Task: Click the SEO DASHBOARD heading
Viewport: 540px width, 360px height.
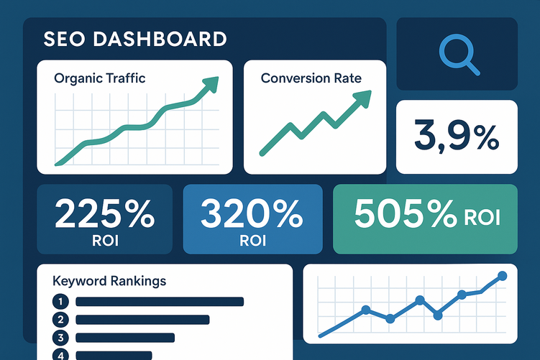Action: (x=134, y=39)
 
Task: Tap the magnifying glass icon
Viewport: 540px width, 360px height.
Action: (x=457, y=55)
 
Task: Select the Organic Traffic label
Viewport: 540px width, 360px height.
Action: (x=99, y=78)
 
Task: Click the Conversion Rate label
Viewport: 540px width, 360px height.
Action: (x=311, y=78)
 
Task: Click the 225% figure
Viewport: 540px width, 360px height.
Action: (x=104, y=213)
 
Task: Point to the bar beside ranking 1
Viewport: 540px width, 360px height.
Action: (x=160, y=302)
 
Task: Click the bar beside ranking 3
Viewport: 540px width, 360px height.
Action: (x=125, y=337)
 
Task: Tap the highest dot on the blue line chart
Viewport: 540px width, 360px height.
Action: (x=502, y=276)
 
